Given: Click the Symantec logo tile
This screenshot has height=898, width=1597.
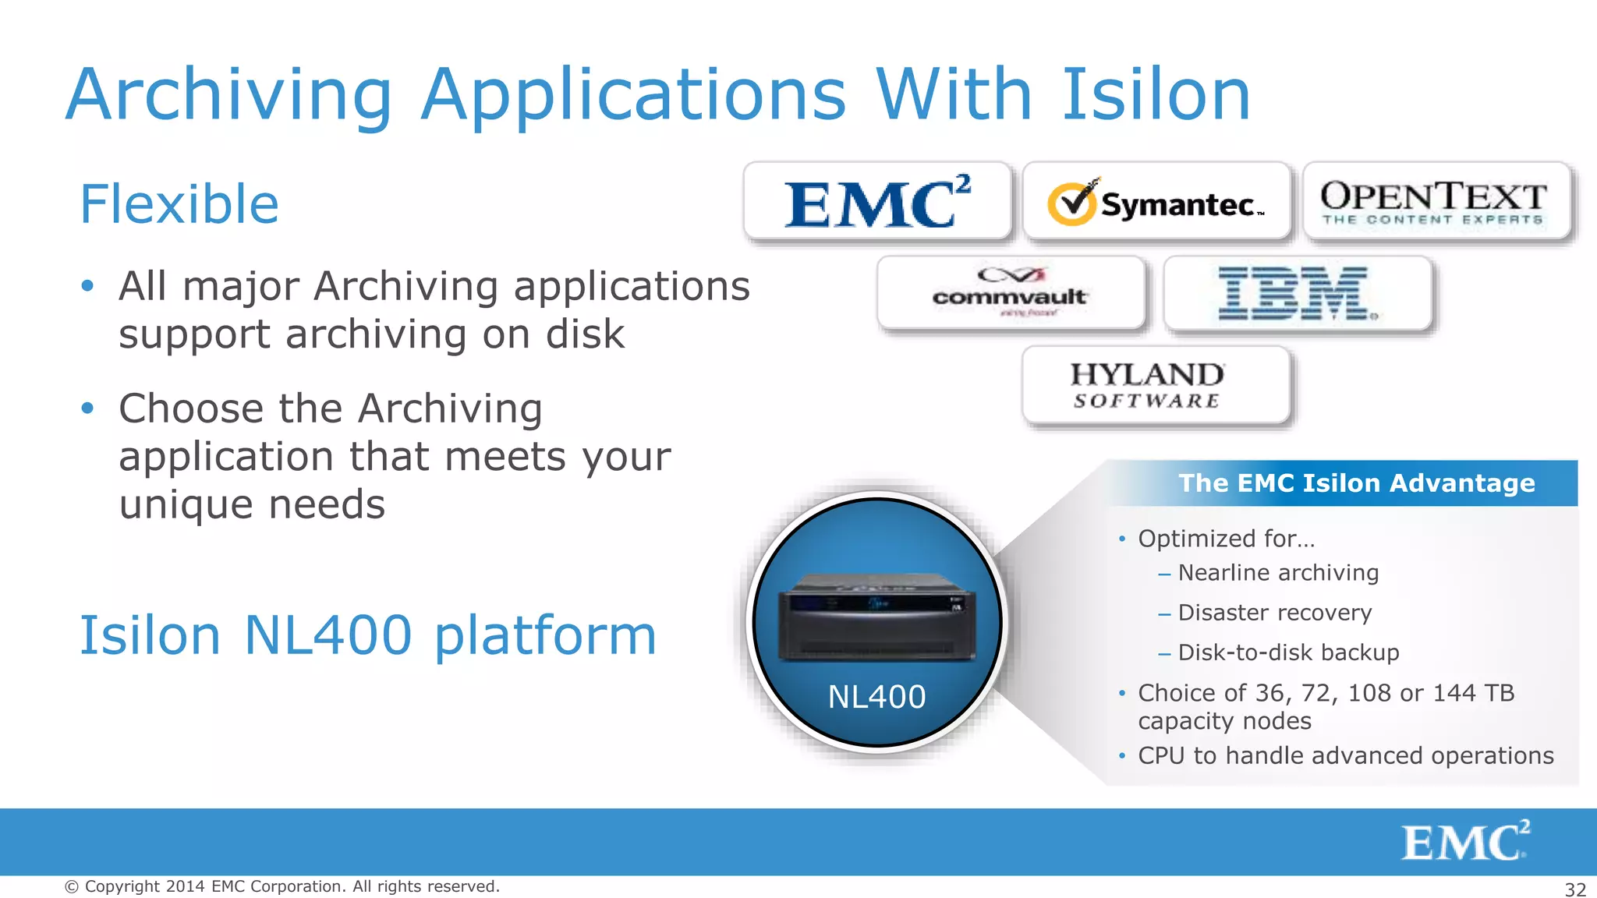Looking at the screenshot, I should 1156,202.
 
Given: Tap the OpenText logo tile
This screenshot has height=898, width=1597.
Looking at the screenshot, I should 1435,202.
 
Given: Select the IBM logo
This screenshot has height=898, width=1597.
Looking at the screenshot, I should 1297,293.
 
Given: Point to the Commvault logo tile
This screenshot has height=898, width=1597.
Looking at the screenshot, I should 1011,293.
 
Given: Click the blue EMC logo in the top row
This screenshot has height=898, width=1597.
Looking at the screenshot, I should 877,203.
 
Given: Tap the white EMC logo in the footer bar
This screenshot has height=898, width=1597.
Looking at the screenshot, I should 1465,841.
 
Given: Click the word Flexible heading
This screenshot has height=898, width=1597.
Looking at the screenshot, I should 179,204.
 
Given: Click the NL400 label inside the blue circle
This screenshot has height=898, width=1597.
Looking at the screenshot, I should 876,696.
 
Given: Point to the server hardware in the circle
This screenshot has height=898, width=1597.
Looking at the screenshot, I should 876,617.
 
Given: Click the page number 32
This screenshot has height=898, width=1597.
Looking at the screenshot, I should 1575,889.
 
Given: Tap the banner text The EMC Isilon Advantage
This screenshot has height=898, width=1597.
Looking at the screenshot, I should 1356,483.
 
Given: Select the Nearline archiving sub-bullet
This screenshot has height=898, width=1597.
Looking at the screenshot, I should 1278,573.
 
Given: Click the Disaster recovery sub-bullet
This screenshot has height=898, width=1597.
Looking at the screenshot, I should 1274,613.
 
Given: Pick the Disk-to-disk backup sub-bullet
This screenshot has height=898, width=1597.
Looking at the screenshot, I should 1288,652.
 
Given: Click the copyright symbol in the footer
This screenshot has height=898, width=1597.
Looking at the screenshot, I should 72,887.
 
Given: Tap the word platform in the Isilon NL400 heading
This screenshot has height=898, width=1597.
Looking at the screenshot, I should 545,636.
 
